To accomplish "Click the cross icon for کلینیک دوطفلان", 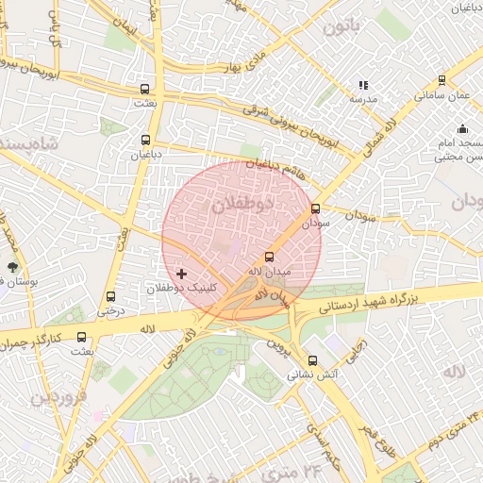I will point(181,274).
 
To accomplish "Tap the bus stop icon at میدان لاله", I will point(269,257).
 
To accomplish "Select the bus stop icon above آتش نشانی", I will point(313,359).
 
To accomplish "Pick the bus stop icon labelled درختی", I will point(111,296).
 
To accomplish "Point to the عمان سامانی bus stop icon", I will point(442,81).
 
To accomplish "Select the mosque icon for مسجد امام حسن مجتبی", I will point(462,129).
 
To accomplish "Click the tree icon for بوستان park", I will point(12,268).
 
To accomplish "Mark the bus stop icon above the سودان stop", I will point(315,209).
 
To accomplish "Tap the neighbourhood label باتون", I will point(341,26).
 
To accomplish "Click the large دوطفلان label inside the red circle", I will point(241,204).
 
